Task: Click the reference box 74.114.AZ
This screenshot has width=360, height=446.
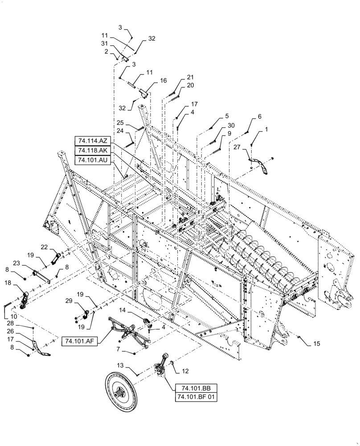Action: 93,141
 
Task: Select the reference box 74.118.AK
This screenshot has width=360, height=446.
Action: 93,150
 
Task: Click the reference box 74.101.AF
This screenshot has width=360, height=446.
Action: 82,340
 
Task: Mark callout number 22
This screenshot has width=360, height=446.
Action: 44,247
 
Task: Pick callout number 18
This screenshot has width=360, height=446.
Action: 8,283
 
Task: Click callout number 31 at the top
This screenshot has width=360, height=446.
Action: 105,43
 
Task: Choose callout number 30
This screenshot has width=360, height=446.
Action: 231,126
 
